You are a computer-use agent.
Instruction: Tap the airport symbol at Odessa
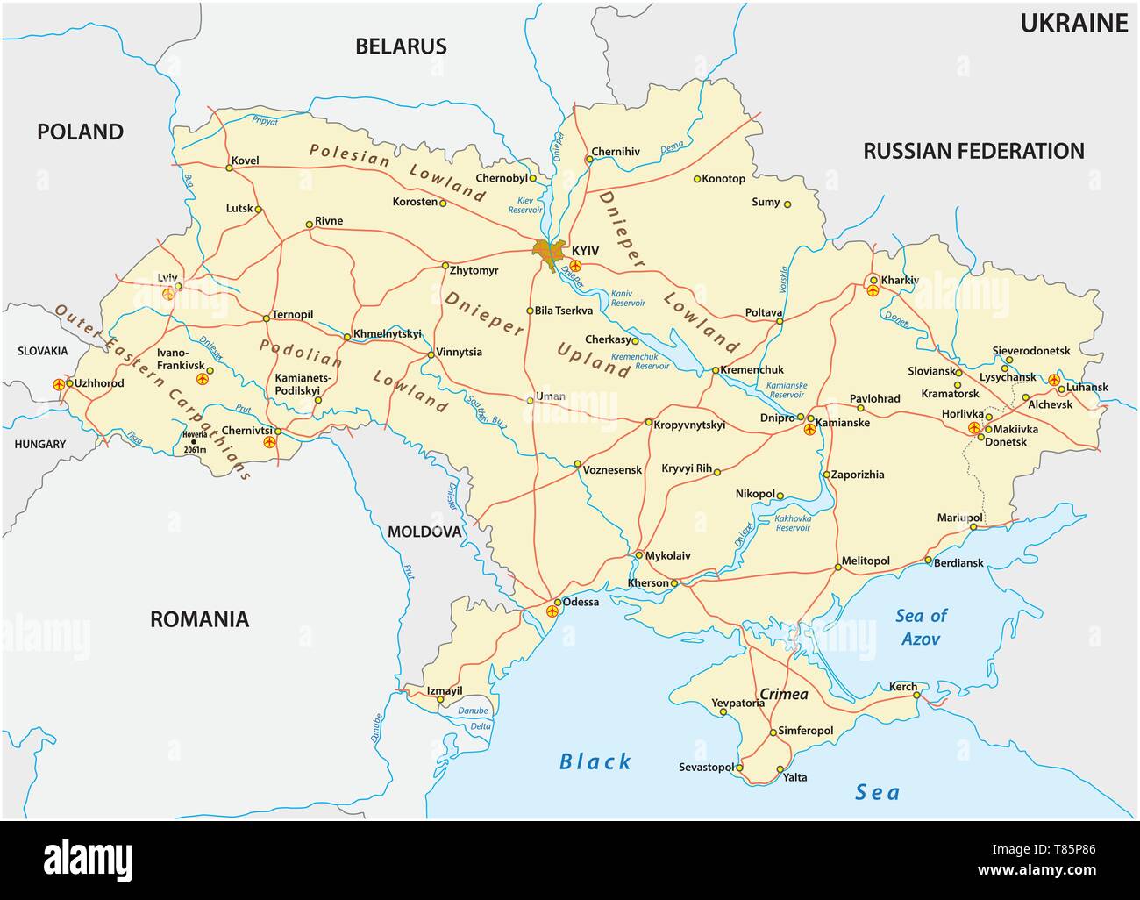552,611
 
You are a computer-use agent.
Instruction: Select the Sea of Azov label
921,627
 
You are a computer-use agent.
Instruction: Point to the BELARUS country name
401,46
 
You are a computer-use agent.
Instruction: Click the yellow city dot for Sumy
787,204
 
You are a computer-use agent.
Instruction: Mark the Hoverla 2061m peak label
194,441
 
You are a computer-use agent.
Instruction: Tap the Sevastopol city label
706,768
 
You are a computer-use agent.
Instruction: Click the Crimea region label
783,694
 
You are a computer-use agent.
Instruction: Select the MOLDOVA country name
424,532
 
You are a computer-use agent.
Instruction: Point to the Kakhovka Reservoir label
792,524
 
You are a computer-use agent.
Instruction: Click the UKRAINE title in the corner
1073,24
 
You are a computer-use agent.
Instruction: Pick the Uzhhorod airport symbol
59,384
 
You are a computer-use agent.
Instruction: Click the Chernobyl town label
501,177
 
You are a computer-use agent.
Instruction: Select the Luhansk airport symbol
1054,380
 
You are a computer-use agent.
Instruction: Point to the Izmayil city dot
440,700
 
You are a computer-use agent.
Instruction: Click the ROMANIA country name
199,619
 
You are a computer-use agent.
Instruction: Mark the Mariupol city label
958,518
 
